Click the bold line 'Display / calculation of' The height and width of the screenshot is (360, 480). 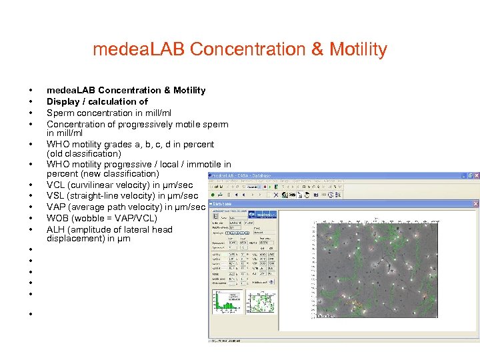[x=97, y=101]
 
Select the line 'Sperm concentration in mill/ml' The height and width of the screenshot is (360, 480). [x=109, y=113]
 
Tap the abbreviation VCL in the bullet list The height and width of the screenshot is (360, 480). [x=55, y=185]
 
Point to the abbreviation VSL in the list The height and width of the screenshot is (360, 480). [x=55, y=196]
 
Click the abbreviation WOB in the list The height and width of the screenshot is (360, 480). [x=57, y=218]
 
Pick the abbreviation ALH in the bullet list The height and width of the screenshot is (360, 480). [x=55, y=229]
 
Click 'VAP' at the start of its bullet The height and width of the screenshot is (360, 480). [x=55, y=207]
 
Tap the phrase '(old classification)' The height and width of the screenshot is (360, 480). [x=83, y=153]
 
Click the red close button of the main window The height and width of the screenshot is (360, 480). [x=475, y=175]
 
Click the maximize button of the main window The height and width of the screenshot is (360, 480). [x=469, y=175]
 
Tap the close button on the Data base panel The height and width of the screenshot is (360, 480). [x=475, y=203]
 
